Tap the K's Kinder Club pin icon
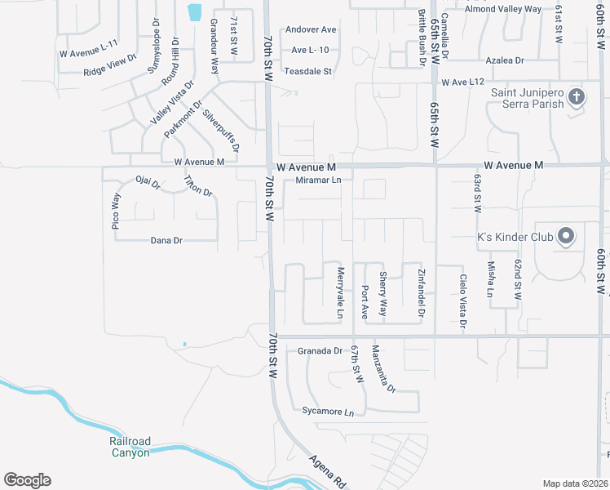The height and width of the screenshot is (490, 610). tap(567, 238)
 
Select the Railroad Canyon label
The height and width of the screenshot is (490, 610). tap(130, 447)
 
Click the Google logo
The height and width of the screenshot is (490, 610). tap(27, 480)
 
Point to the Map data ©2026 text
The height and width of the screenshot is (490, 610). tap(576, 483)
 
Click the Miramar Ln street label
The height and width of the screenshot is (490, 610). tap(318, 180)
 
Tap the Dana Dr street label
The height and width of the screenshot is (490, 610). tap(166, 240)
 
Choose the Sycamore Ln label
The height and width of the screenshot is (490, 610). tap(328, 411)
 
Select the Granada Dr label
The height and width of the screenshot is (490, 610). tap(320, 350)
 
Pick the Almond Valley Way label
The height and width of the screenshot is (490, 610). tap(502, 9)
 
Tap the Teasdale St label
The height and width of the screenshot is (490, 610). tap(307, 71)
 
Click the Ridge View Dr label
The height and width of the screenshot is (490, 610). tap(110, 66)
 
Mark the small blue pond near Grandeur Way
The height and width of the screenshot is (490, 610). tap(194, 12)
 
